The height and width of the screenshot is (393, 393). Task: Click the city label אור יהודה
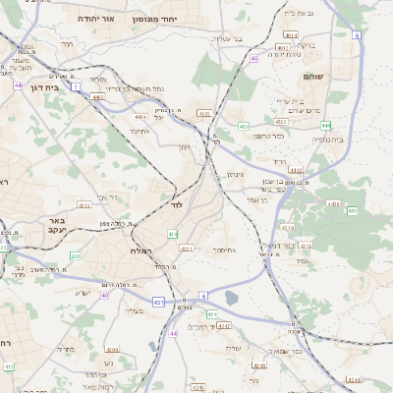97,19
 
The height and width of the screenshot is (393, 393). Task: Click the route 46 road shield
253,58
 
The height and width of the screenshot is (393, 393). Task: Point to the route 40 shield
104,295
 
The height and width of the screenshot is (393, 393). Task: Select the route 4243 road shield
224,325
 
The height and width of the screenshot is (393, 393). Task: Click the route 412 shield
9,366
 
